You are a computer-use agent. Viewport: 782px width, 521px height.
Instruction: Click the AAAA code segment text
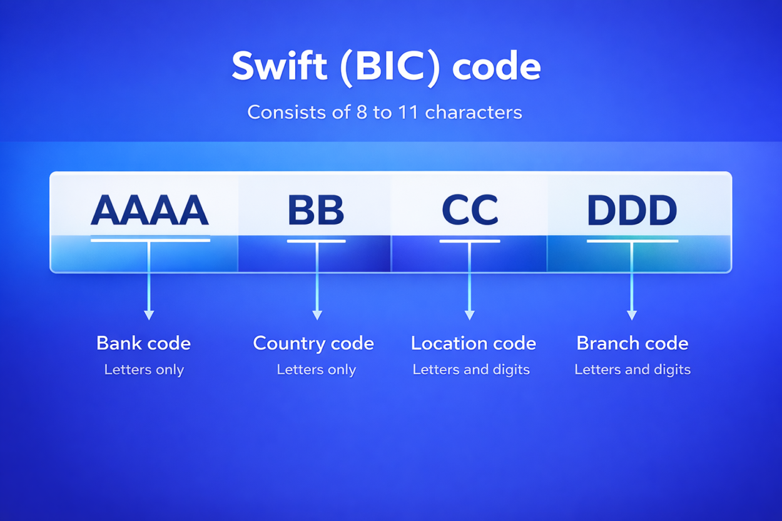(x=150, y=210)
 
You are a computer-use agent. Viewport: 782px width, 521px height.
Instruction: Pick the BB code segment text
(x=316, y=210)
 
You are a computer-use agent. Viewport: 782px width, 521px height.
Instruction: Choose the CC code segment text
(x=470, y=210)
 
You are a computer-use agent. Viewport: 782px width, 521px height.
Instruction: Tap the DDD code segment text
(x=632, y=211)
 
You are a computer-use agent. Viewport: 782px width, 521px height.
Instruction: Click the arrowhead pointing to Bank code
(x=149, y=315)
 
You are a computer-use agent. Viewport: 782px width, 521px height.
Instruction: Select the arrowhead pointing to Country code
(x=317, y=315)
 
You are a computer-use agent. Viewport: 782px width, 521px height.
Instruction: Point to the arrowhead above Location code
(x=469, y=315)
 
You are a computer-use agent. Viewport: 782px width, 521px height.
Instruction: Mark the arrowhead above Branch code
(x=632, y=315)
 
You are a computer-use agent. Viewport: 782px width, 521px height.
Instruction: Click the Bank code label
(x=143, y=343)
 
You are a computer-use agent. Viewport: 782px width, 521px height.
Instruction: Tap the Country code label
(x=313, y=343)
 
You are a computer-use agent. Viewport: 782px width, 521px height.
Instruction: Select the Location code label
(x=473, y=343)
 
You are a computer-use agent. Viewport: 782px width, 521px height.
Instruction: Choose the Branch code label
(x=632, y=343)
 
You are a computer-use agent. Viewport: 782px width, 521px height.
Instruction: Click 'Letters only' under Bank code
(x=144, y=370)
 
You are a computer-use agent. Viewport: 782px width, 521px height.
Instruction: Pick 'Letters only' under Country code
(x=316, y=370)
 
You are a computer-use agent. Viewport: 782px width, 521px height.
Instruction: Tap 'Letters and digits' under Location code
(x=471, y=370)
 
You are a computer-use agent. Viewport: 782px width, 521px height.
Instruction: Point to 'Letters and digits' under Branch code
(x=632, y=370)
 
